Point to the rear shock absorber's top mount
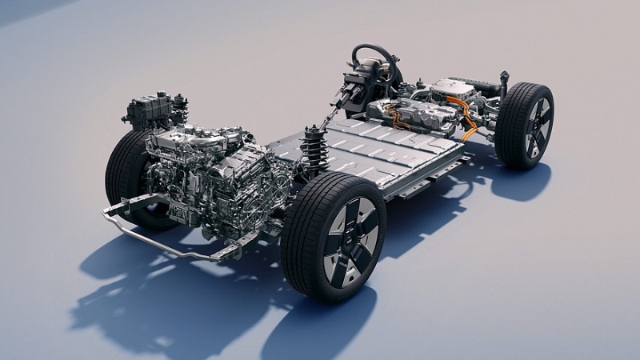coord(503,78)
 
